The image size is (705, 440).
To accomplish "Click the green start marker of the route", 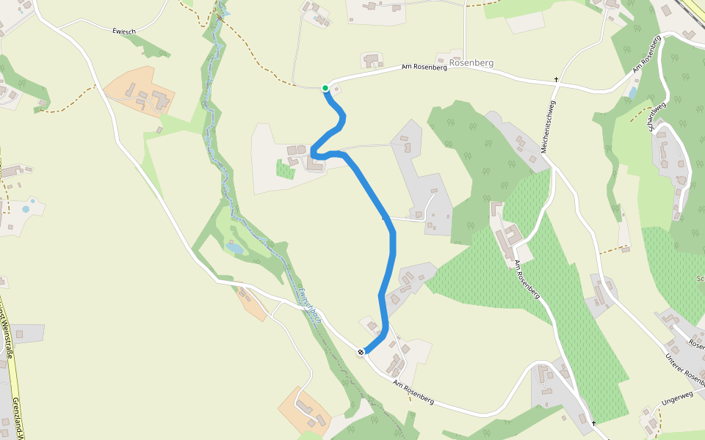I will (x=325, y=88).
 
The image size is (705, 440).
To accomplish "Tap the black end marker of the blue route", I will (x=361, y=353).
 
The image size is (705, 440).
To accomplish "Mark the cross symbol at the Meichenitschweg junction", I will (x=557, y=79).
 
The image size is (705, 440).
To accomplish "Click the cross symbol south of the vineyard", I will (x=593, y=423).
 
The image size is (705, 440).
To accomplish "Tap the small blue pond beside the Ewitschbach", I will (x=235, y=249).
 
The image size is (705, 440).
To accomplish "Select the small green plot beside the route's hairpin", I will (x=285, y=169).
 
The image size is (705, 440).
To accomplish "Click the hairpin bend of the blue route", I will (x=314, y=153).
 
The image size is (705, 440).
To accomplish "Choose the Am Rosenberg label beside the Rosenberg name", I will (x=424, y=67).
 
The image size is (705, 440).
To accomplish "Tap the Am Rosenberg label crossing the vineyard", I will (x=527, y=280).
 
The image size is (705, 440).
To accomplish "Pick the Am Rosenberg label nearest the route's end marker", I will (x=413, y=393).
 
